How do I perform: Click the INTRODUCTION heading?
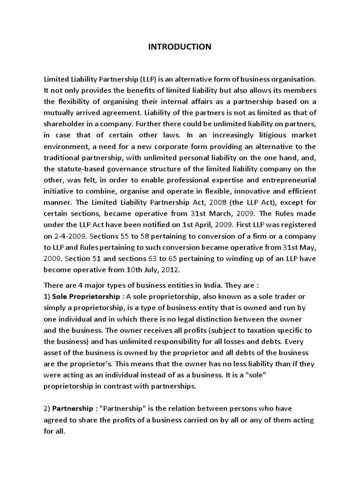click(x=180, y=47)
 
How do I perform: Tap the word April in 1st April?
click(x=202, y=225)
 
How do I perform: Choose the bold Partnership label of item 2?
click(x=74, y=409)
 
